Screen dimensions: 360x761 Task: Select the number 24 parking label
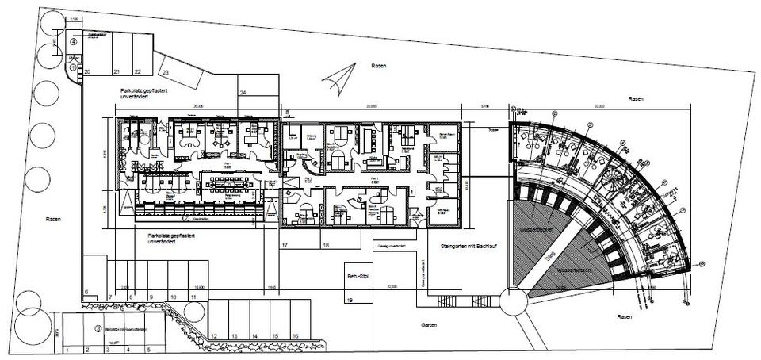coord(243,94)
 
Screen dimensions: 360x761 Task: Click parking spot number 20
coord(87,71)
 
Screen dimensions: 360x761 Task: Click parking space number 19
coord(349,301)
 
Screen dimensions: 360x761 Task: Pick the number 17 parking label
coord(284,246)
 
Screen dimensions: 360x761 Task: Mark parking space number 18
coord(327,246)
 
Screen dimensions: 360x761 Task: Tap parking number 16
coord(295,336)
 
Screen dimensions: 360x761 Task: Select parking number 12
coord(214,336)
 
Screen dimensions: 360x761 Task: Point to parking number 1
coord(68,349)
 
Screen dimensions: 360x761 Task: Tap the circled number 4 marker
coord(74,41)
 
